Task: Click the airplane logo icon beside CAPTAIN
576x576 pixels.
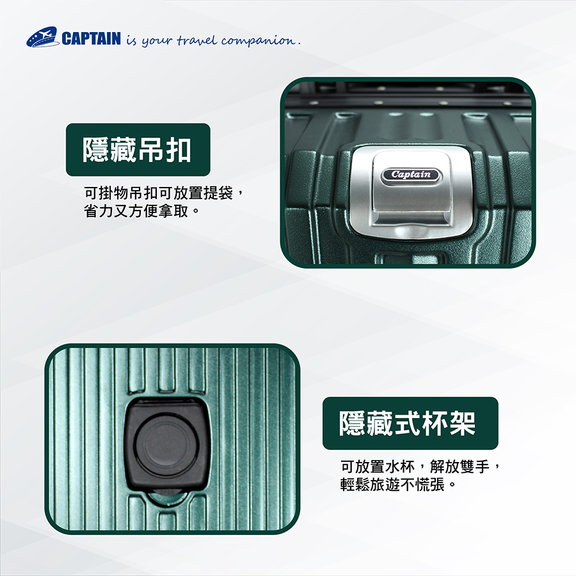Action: [x=43, y=36]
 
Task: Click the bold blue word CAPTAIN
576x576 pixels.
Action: [x=91, y=38]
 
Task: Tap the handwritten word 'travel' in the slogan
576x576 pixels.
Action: [x=198, y=40]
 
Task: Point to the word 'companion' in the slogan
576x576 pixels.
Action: [x=259, y=41]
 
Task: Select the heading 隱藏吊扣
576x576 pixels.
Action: [x=137, y=150]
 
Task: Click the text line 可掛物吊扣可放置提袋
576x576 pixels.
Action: [x=159, y=193]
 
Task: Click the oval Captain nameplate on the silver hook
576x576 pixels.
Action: [x=410, y=175]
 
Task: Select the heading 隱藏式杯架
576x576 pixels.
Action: [x=407, y=423]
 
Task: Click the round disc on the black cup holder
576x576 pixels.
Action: [x=167, y=445]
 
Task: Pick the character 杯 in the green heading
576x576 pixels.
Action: [x=434, y=423]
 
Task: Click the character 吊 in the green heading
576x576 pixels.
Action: [x=150, y=150]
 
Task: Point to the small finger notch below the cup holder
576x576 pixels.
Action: [x=166, y=497]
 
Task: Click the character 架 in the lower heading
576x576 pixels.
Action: [x=462, y=423]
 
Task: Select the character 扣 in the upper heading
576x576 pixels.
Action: [x=179, y=150]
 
